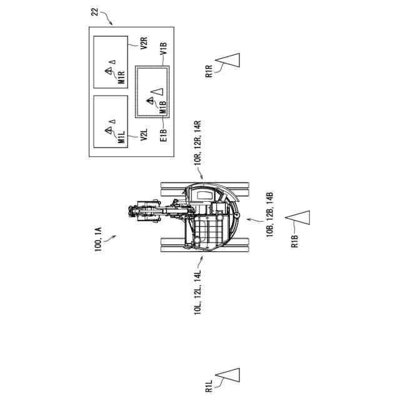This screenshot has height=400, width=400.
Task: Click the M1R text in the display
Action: point(121,77)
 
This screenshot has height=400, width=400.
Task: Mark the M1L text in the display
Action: point(121,137)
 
